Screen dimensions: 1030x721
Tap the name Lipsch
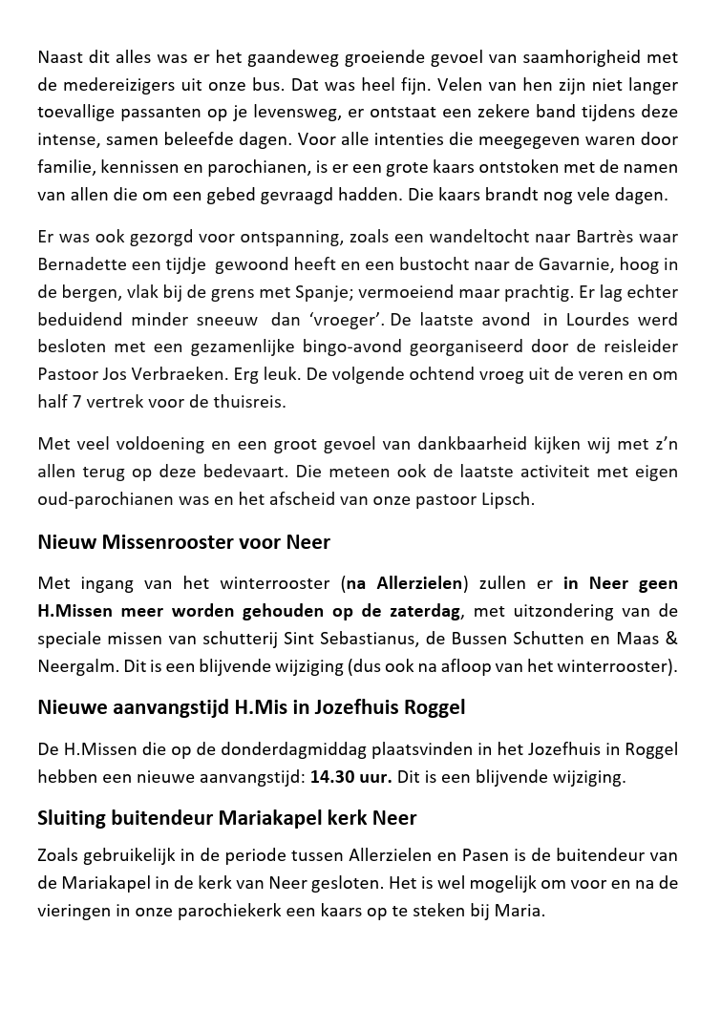click(x=505, y=498)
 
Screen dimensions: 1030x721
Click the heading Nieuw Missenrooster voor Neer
click(x=183, y=542)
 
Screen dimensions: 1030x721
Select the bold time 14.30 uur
click(x=350, y=776)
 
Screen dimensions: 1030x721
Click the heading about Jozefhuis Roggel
click(x=251, y=707)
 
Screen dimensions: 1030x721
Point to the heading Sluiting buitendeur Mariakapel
click(x=227, y=818)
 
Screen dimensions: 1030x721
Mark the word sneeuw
click(x=222, y=319)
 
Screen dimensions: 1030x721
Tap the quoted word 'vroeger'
click(x=341, y=319)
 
